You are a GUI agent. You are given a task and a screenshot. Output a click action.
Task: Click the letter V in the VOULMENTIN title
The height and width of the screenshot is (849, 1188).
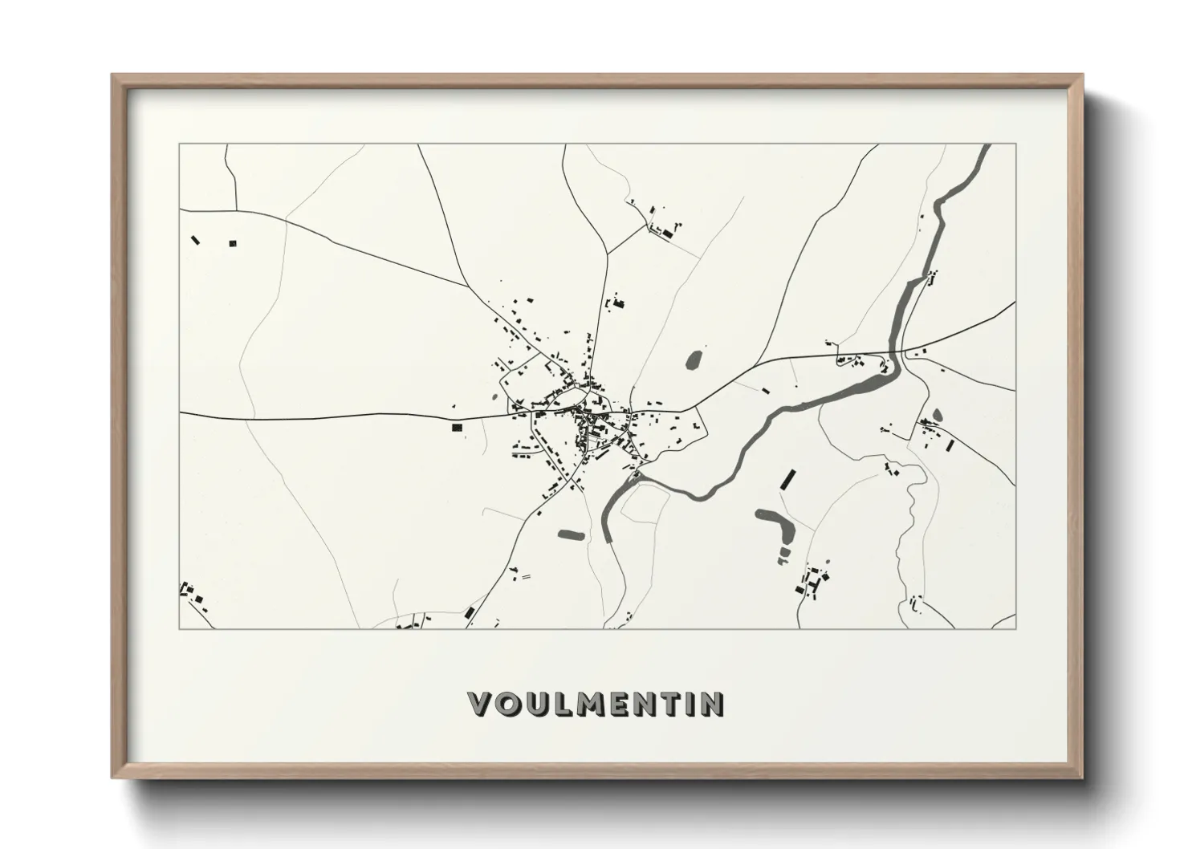tap(479, 704)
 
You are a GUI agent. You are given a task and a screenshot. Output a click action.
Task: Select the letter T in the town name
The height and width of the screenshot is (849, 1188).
tap(671, 704)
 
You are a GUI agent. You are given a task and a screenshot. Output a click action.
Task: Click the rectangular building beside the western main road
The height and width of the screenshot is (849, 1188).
tap(457, 429)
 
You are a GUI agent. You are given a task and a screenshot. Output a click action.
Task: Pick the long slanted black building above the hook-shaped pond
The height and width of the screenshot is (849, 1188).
tap(787, 480)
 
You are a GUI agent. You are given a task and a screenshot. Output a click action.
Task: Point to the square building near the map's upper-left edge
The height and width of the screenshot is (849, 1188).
tap(234, 242)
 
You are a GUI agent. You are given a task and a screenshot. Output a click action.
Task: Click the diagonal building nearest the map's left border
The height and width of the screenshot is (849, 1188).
tap(195, 239)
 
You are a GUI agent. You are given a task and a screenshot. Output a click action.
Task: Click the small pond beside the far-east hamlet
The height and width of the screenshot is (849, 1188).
tap(938, 415)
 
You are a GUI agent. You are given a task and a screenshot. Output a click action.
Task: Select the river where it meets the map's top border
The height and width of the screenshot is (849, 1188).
tap(983, 148)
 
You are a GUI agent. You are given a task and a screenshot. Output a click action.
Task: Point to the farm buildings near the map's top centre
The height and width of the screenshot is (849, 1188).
tap(663, 230)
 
